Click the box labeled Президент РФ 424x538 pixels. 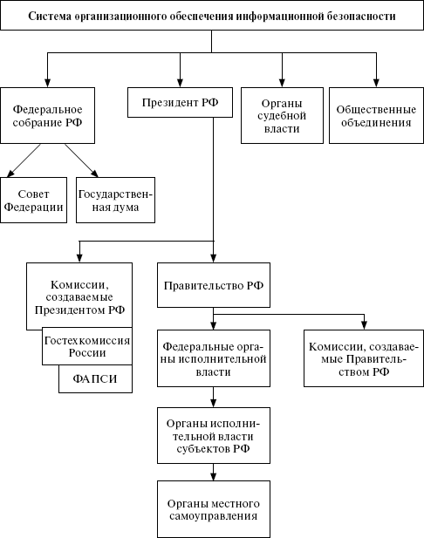click(180, 102)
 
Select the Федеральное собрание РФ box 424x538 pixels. click(47, 115)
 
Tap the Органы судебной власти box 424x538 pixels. click(282, 115)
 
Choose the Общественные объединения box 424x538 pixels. click(376, 115)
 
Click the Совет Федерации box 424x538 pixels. click(33, 200)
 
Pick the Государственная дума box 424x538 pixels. click(115, 200)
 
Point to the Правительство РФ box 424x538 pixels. click(214, 285)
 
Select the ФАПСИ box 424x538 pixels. click(95, 378)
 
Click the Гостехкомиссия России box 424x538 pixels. click(87, 346)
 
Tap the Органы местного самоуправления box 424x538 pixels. click(214, 509)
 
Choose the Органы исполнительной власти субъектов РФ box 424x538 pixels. click(214, 436)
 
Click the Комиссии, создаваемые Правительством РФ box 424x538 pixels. click(364, 358)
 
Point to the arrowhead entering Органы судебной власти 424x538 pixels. click(282, 83)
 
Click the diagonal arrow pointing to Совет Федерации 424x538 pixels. click(24, 160)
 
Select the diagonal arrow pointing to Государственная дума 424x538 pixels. click(82, 160)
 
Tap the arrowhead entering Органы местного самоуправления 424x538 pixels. click(213, 476)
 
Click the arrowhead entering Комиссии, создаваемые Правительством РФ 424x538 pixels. click(365, 325)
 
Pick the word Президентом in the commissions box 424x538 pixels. click(70, 310)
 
